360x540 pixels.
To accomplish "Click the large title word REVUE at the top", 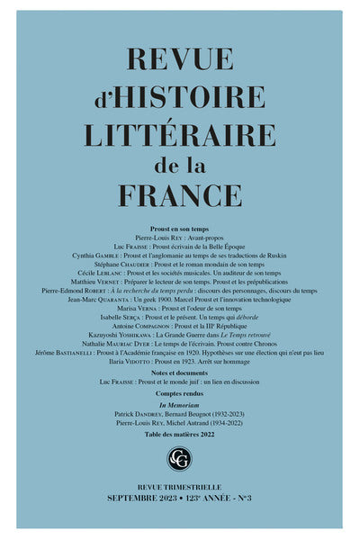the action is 180,59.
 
